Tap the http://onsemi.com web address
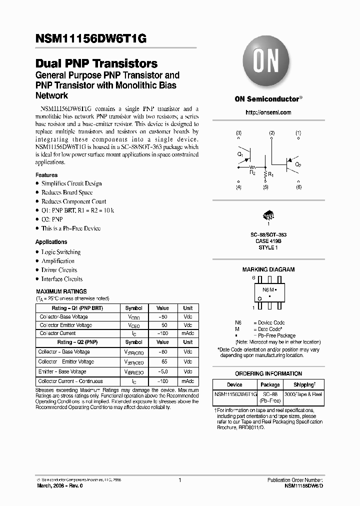point(268,112)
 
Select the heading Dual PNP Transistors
point(96,64)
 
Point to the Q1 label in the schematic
point(240,155)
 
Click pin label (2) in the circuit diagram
point(271,133)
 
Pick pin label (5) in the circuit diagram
point(265,187)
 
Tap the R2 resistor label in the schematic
point(253,172)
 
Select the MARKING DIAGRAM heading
point(268,269)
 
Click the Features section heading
point(46,175)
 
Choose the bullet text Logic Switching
point(60,252)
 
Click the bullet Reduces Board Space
point(66,192)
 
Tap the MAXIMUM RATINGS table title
point(61,291)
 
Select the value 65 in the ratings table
point(162,361)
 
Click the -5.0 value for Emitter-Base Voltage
point(162,371)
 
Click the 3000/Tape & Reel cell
point(303,394)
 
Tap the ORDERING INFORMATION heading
point(268,373)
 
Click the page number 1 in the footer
point(179,480)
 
